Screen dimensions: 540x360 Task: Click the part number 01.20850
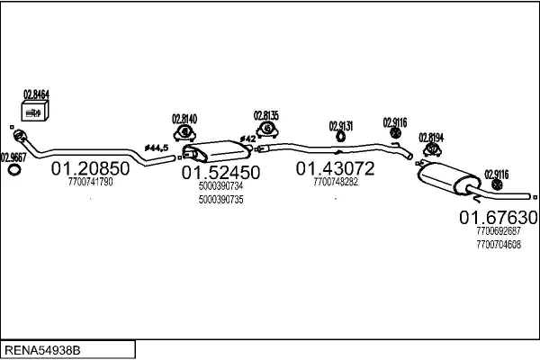90,168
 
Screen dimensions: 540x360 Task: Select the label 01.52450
220,173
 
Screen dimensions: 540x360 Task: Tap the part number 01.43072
335,168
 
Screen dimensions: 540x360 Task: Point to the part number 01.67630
499,218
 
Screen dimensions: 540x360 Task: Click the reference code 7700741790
90,182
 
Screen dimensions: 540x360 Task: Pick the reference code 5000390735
220,200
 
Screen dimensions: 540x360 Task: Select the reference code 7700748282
336,182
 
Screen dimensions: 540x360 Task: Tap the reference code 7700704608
499,245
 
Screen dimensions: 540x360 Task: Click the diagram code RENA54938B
42,350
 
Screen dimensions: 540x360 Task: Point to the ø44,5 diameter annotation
157,148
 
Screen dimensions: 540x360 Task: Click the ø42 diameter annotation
248,139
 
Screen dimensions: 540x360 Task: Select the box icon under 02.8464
35,111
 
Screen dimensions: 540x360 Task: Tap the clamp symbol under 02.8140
184,133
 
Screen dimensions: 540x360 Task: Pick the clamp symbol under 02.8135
267,130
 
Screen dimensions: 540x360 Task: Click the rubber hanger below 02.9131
340,137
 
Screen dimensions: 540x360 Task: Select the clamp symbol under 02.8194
432,149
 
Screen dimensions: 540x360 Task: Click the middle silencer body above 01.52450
217,151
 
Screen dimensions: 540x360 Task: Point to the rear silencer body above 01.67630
449,178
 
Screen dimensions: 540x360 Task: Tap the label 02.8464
36,94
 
